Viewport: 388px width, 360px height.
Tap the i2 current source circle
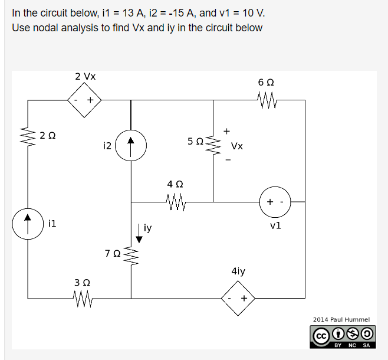pos(131,143)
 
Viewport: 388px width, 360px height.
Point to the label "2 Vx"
pos(86,77)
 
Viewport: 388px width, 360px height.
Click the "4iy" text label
pos(239,271)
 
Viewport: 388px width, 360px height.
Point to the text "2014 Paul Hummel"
pos(341,319)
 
